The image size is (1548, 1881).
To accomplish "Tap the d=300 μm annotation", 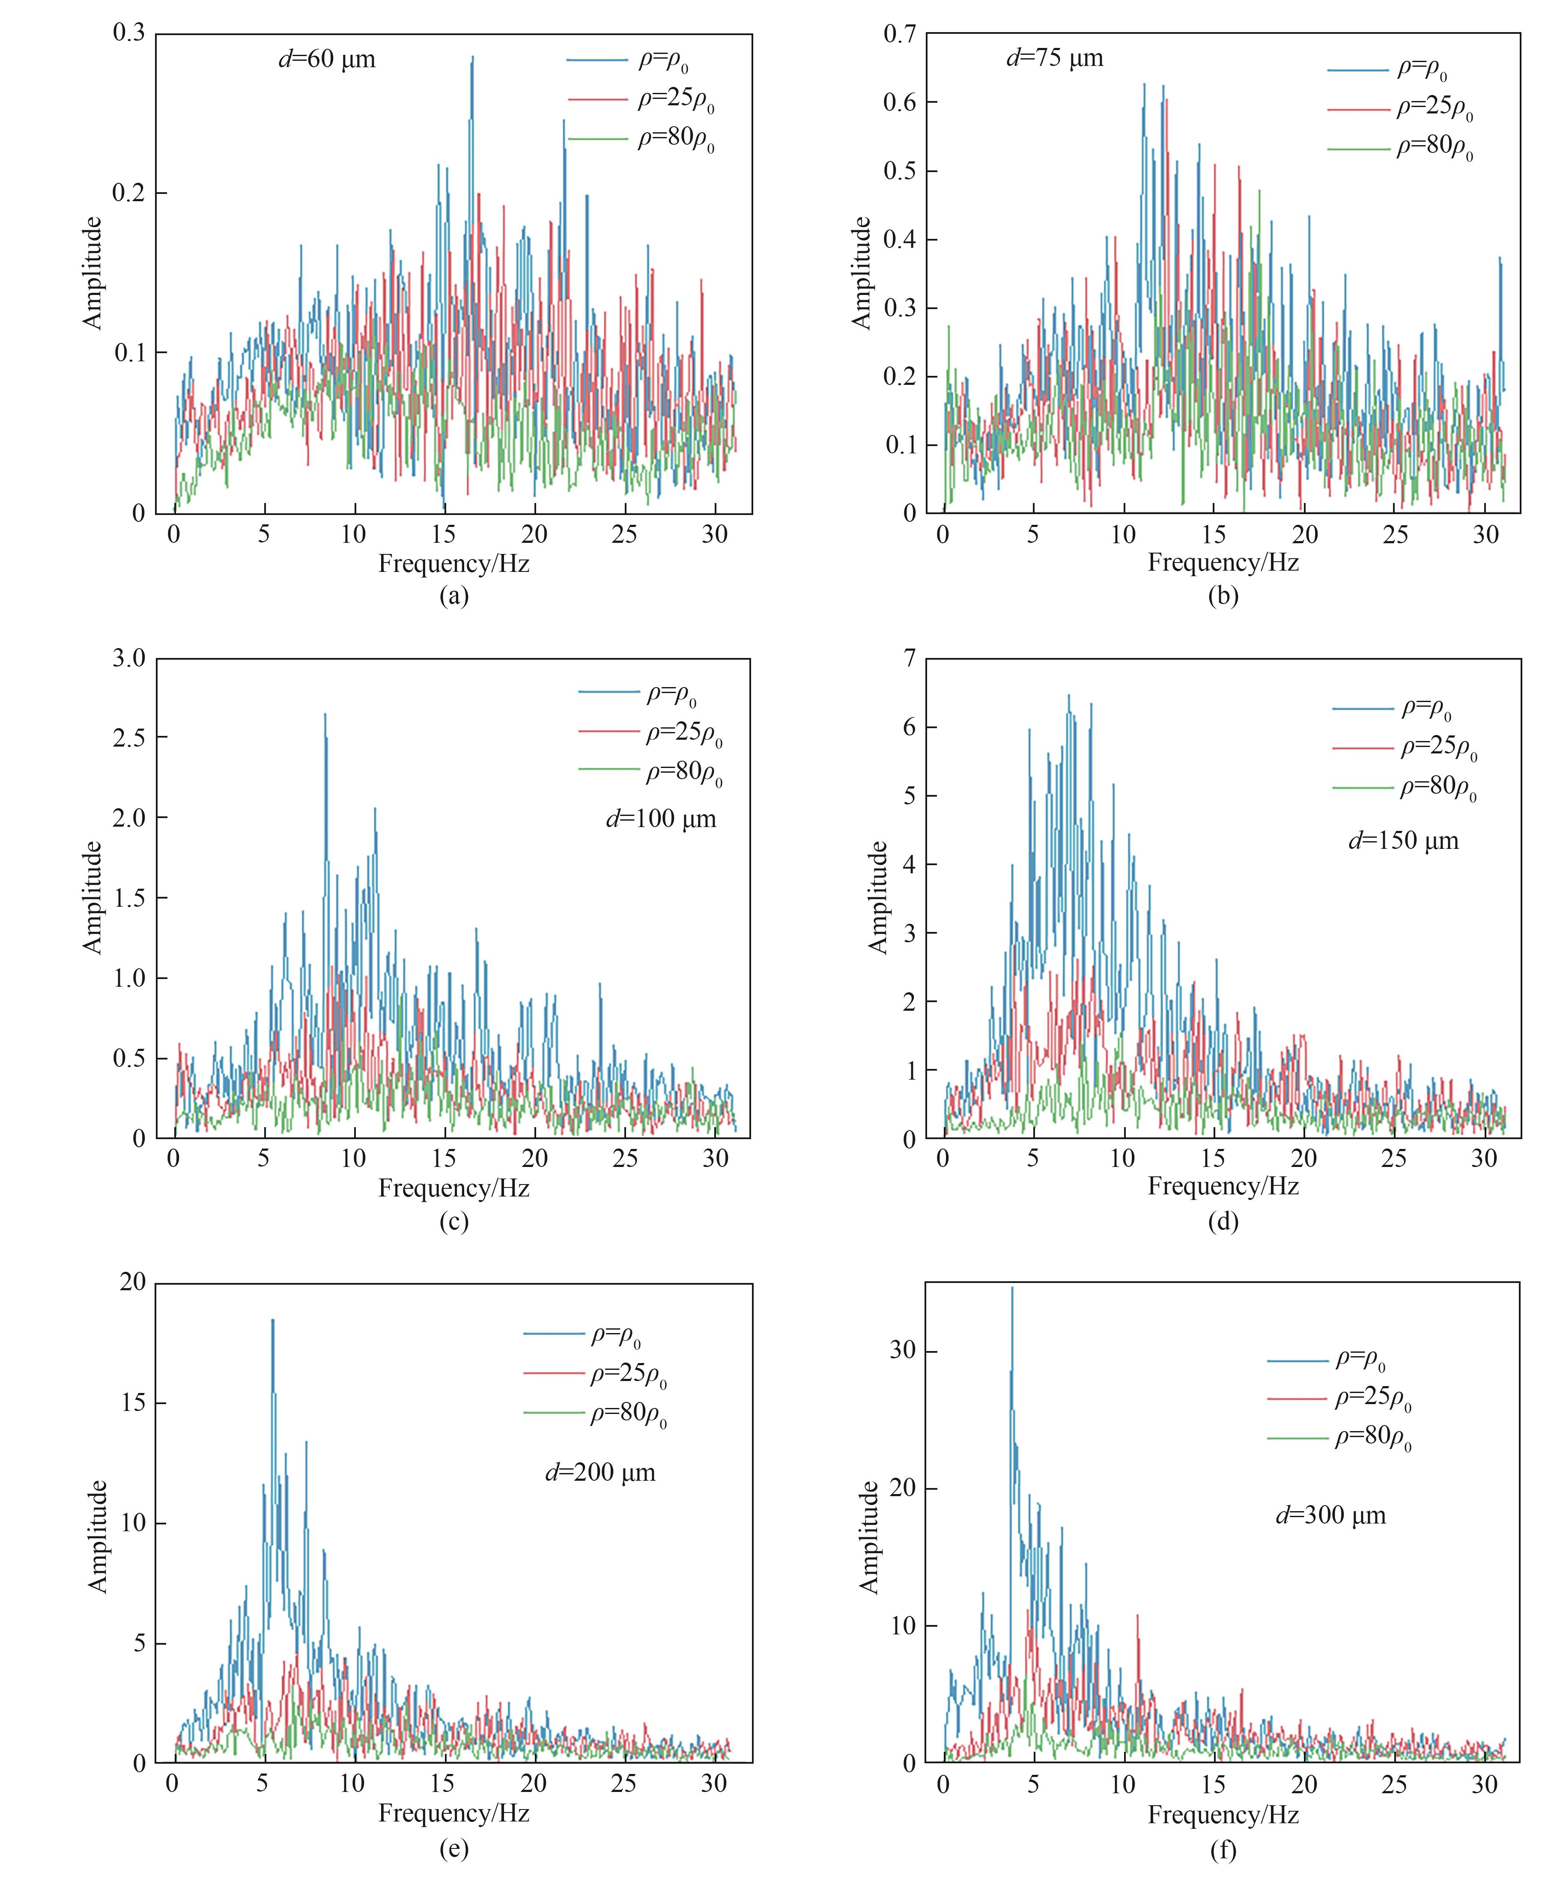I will click(x=1330, y=1515).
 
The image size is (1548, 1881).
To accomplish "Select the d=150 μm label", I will click(x=1404, y=841).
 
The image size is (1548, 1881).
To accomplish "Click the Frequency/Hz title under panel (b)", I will click(x=1223, y=563).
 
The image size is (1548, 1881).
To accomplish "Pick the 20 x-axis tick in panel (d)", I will click(x=1303, y=1159).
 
